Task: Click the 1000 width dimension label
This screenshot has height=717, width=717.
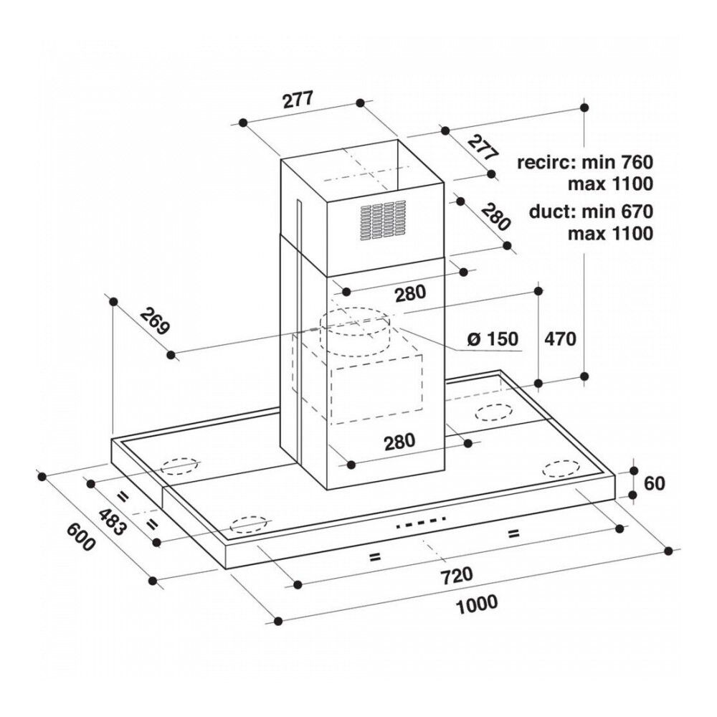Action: click(477, 604)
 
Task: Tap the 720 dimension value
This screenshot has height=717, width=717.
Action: click(457, 575)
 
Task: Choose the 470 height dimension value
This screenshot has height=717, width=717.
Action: click(560, 339)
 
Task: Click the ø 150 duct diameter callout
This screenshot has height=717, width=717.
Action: click(493, 339)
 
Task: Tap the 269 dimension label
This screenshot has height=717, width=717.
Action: click(155, 321)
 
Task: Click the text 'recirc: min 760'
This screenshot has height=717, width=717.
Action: click(585, 161)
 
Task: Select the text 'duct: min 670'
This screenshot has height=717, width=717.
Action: click(591, 212)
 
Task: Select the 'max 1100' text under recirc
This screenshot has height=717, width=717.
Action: click(610, 184)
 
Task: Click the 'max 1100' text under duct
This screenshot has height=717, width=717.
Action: click(610, 234)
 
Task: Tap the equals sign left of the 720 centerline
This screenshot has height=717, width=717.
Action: click(374, 557)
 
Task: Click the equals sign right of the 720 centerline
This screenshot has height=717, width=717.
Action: click(513, 533)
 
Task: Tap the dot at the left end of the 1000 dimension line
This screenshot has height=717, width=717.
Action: click(277, 620)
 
